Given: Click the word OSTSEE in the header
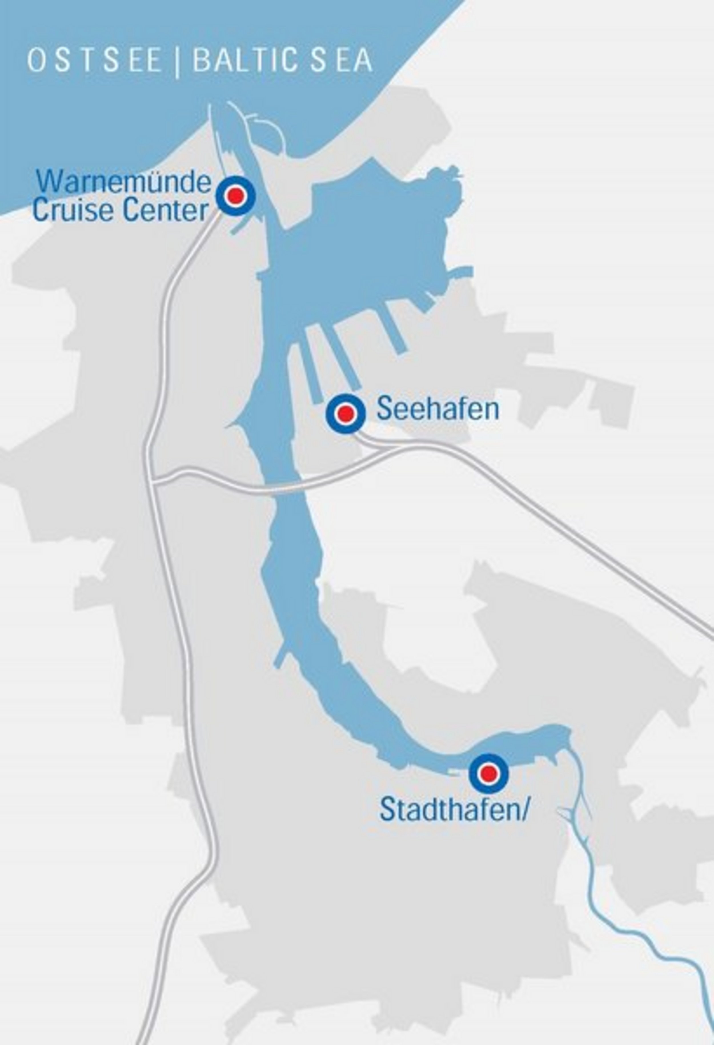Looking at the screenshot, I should [95, 61].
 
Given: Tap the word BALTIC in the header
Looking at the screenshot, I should [245, 61].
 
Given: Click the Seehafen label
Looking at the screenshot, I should [438, 409].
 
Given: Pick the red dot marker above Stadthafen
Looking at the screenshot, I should [489, 773].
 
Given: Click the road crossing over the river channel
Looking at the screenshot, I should [288, 492].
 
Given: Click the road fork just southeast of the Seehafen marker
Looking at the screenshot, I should [382, 448].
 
